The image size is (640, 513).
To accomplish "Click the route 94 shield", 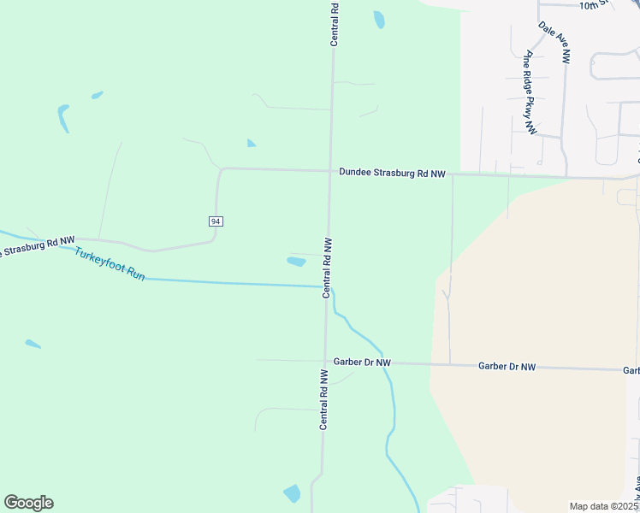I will click(x=216, y=221).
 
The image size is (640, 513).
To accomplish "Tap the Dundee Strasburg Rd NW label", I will click(x=392, y=174).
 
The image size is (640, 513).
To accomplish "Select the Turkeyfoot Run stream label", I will click(x=110, y=265).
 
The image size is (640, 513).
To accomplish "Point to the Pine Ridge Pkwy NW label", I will click(x=530, y=92).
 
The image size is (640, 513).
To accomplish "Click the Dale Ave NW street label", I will click(x=554, y=42).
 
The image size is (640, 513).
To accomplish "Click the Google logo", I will click(x=28, y=503).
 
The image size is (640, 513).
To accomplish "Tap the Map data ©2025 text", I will click(x=602, y=506).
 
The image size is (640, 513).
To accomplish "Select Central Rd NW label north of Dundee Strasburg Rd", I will click(x=335, y=22).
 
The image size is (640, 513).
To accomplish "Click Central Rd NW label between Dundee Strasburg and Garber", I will click(x=327, y=268).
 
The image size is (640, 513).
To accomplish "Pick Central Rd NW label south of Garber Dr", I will click(x=324, y=399).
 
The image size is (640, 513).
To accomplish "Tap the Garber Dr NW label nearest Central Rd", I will click(x=362, y=363).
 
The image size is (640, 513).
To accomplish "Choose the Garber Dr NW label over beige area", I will click(x=507, y=366).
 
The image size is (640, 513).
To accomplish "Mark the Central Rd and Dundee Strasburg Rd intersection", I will click(x=331, y=171).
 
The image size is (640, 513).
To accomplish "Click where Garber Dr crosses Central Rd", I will click(x=325, y=362).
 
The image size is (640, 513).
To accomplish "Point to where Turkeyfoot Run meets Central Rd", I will click(x=326, y=286).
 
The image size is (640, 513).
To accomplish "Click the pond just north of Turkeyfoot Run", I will click(x=296, y=261).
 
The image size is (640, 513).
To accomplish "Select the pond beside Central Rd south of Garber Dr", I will click(x=293, y=493).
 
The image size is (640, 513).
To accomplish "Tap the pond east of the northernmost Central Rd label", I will click(x=378, y=19).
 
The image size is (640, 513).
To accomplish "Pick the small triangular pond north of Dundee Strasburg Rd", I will click(x=251, y=143).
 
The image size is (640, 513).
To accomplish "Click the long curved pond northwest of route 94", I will click(x=63, y=117).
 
